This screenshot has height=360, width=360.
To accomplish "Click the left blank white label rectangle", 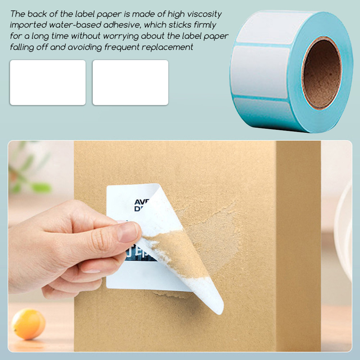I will [x=48, y=82].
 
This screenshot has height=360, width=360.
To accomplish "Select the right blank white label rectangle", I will [x=131, y=82].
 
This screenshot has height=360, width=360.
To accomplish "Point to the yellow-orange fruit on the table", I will [x=28, y=323].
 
